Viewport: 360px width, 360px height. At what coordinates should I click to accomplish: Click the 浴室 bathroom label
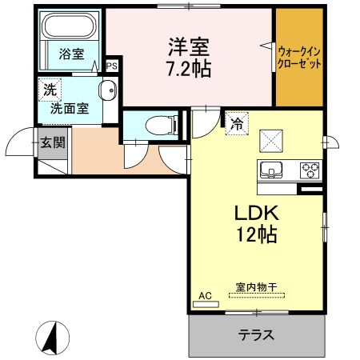coord(71,54)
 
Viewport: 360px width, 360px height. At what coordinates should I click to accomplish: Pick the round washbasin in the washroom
coord(106,89)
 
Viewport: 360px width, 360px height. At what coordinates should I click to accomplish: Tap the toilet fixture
coord(161,124)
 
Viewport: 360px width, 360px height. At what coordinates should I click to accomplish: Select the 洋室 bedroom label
coord(189,46)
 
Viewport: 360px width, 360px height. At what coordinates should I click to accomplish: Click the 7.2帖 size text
coord(190,70)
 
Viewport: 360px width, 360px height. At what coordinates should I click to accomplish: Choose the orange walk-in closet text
coord(299,55)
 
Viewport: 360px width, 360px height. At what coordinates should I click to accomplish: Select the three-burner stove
coord(308,170)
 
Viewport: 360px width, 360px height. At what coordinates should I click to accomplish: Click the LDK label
coord(255,214)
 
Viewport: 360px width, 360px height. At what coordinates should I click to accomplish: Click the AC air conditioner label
coord(205,296)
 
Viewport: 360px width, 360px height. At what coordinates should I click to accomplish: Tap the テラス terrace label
coord(256,335)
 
